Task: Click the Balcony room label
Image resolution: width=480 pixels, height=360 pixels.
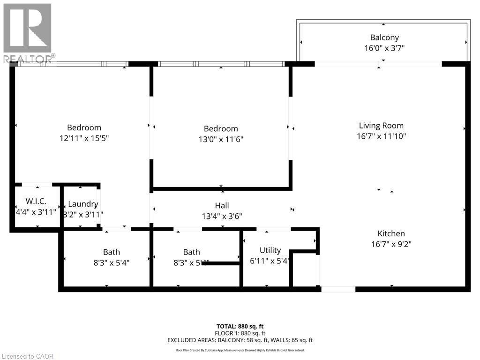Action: pyautogui.click(x=384, y=37)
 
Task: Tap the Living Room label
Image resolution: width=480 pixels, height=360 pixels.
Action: pyautogui.click(x=381, y=126)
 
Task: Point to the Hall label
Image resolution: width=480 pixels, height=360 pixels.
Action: pyautogui.click(x=222, y=205)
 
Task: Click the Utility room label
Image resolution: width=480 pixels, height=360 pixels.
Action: pyautogui.click(x=270, y=250)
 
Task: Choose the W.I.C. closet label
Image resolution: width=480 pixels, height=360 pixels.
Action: pyautogui.click(x=36, y=202)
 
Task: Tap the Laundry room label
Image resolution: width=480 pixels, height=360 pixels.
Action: pyautogui.click(x=83, y=204)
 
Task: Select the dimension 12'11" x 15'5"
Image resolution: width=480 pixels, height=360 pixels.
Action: pyautogui.click(x=84, y=138)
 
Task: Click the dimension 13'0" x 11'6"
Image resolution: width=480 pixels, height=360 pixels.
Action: pyautogui.click(x=220, y=139)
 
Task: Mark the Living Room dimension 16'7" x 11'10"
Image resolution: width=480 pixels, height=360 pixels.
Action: pyautogui.click(x=381, y=136)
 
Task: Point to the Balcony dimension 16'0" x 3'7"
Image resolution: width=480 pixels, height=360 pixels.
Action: pyautogui.click(x=384, y=48)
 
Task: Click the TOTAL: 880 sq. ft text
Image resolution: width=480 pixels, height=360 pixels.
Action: pyautogui.click(x=240, y=326)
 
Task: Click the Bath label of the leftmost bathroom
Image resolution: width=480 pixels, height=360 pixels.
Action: pyautogui.click(x=112, y=252)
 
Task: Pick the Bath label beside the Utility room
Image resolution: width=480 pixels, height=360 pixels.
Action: pyautogui.click(x=191, y=252)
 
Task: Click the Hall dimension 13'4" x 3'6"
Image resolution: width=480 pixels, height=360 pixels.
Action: pyautogui.click(x=222, y=216)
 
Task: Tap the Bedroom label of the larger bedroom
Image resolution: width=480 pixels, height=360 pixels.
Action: pyautogui.click(x=84, y=127)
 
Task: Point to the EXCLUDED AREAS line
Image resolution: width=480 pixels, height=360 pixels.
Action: pyautogui.click(x=240, y=340)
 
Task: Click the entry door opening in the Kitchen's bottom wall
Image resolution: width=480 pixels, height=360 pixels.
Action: pyautogui.click(x=338, y=289)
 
